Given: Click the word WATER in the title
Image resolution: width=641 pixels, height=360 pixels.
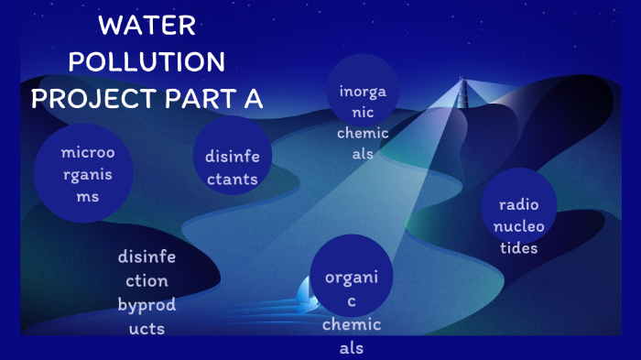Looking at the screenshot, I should [x=147, y=26].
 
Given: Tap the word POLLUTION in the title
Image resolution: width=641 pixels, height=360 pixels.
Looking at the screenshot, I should [x=147, y=62].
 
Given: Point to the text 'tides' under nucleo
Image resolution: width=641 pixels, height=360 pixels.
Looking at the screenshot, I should [x=518, y=248].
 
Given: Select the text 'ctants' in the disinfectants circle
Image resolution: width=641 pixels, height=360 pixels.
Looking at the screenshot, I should [x=232, y=179].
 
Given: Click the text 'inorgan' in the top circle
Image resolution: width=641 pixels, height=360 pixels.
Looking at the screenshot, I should [x=364, y=92].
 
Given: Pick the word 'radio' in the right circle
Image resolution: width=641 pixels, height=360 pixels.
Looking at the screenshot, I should [x=519, y=204].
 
